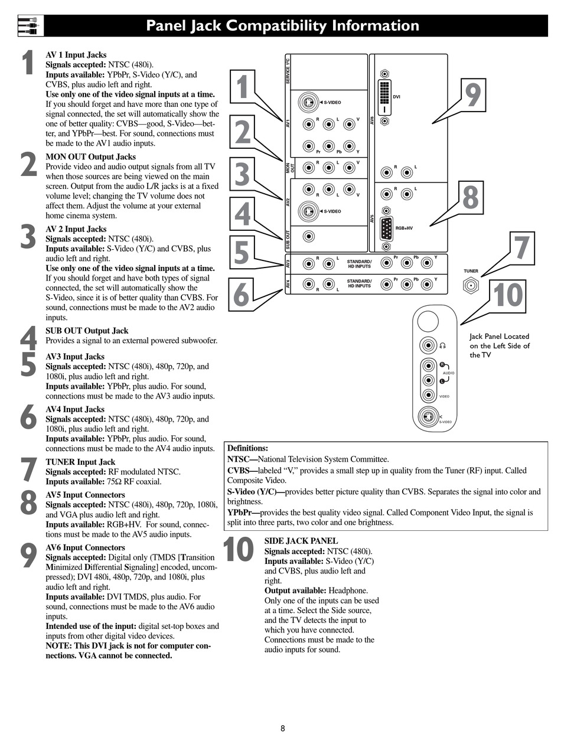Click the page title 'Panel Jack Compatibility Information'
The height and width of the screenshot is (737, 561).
click(x=282, y=26)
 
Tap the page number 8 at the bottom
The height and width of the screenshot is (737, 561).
click(x=283, y=728)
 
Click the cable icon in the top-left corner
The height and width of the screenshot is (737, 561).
click(x=28, y=26)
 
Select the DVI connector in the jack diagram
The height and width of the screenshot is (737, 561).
click(x=384, y=97)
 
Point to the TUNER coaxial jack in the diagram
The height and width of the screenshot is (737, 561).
click(x=471, y=286)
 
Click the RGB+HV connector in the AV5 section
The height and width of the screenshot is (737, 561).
click(x=386, y=229)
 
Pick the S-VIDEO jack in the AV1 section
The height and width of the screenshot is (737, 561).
click(x=307, y=102)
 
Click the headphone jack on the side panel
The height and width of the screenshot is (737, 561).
click(x=428, y=346)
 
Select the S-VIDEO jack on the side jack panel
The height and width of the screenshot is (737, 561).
click(x=428, y=416)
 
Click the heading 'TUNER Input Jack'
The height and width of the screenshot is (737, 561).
click(x=80, y=462)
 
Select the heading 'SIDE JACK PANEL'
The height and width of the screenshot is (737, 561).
click(x=301, y=540)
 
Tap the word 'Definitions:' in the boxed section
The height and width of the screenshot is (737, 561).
click(x=247, y=448)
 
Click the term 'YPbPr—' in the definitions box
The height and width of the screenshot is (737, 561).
click(x=243, y=513)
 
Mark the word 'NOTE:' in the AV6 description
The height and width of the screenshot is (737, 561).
click(x=58, y=645)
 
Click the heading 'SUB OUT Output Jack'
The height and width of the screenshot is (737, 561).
click(x=87, y=331)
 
